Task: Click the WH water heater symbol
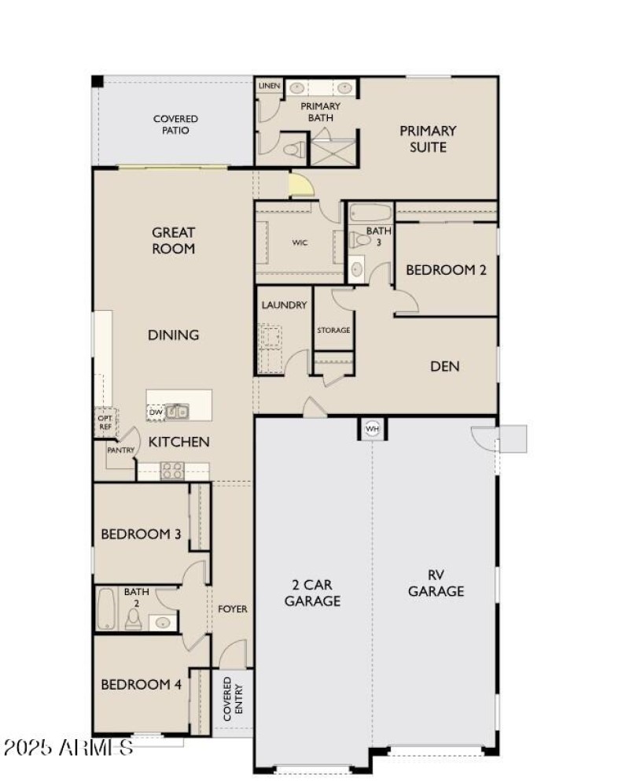pyautogui.click(x=371, y=429)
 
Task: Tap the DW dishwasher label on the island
pyautogui.click(x=155, y=412)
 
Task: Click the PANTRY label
pyautogui.click(x=121, y=451)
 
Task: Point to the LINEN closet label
pyautogui.click(x=268, y=85)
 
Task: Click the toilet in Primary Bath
pyautogui.click(x=293, y=149)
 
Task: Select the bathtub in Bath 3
pyautogui.click(x=369, y=213)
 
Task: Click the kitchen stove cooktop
pyautogui.click(x=172, y=471)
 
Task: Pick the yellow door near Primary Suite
pyautogui.click(x=300, y=186)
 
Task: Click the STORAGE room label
pyautogui.click(x=333, y=331)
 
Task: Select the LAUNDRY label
pyautogui.click(x=284, y=305)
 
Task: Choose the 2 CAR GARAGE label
pyautogui.click(x=312, y=593)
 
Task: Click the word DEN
pyautogui.click(x=445, y=366)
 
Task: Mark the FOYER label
pyautogui.click(x=233, y=609)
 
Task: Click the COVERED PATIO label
pyautogui.click(x=175, y=124)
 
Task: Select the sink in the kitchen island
pyautogui.click(x=178, y=411)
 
